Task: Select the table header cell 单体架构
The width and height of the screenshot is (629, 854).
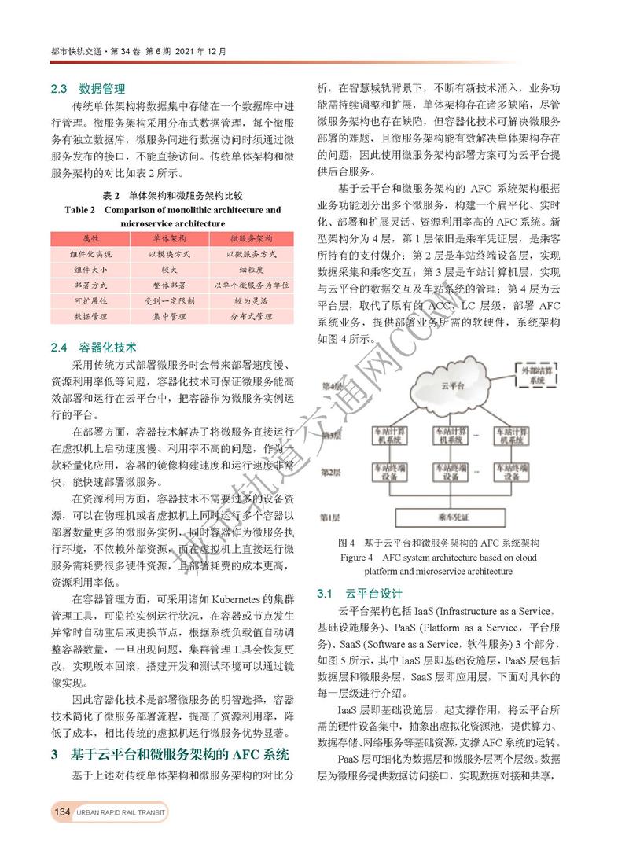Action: click(x=167, y=237)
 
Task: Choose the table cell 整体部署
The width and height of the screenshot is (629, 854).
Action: click(x=167, y=285)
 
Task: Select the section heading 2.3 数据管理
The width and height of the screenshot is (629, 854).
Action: click(x=88, y=88)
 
